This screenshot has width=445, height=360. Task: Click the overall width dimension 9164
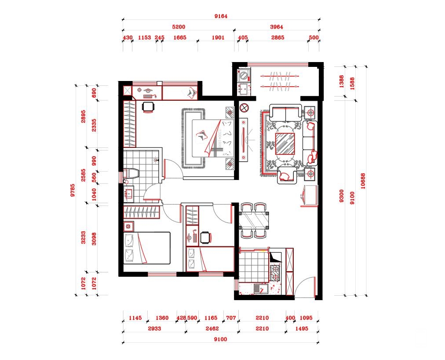coord(221,16)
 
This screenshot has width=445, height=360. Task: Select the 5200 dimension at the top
coord(179,27)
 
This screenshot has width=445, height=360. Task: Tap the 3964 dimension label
coord(277,27)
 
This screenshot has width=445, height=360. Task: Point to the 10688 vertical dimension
coord(363,181)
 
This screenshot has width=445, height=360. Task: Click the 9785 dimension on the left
coord(73,190)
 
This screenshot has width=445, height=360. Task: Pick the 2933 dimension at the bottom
coord(154,328)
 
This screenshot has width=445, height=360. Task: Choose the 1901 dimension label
coord(218,37)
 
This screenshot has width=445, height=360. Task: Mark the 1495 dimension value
coord(301,328)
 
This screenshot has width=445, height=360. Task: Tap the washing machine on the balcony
coord(244,76)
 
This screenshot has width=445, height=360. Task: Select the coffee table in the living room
coord(285,143)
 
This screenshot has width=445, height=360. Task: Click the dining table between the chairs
coord(254,220)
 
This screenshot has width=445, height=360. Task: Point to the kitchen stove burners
coord(275,272)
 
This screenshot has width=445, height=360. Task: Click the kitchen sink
coord(259,289)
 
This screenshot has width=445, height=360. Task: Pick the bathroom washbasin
coord(129,194)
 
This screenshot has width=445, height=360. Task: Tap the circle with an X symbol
coord(244,108)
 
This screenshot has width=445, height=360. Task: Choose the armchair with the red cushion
coord(288,175)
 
